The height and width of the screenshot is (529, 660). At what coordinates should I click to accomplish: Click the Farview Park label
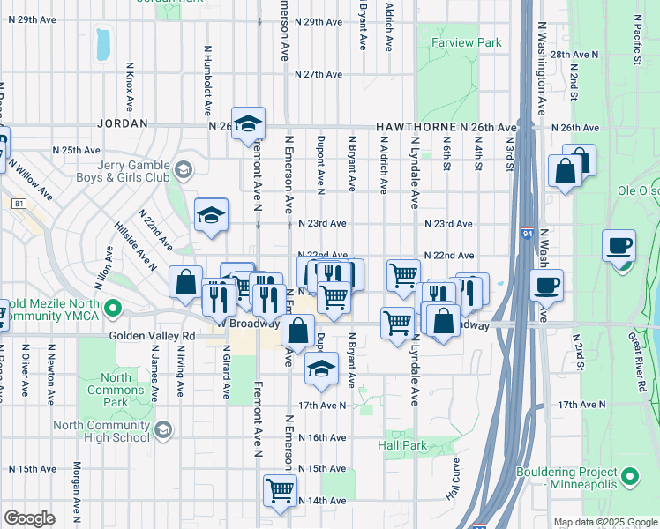tap(466, 42)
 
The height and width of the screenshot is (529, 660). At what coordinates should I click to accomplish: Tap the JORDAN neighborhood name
tap(125, 124)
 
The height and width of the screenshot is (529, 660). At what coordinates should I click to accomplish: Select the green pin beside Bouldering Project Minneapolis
tap(629, 477)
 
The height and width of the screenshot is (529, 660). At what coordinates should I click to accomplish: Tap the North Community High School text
tap(101, 431)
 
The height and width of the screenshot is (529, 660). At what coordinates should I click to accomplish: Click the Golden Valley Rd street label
tap(153, 336)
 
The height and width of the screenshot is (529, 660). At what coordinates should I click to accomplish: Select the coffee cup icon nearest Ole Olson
tap(619, 245)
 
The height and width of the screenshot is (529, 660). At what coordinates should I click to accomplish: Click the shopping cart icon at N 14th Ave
tap(281, 490)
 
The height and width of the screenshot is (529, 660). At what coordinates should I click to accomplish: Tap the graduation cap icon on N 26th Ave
tap(249, 124)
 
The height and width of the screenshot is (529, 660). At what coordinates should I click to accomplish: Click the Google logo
tap(29, 518)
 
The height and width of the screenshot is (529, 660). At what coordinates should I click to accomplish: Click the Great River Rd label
tap(639, 353)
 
